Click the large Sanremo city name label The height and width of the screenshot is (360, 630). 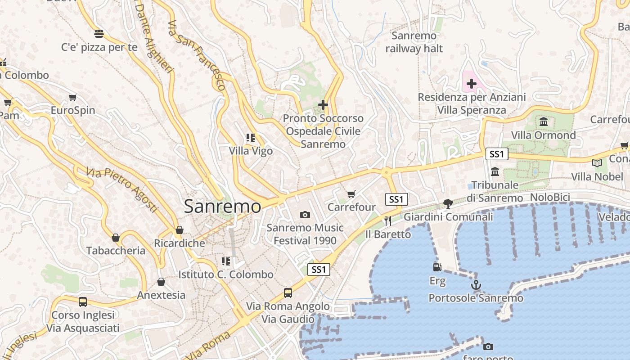(222, 207)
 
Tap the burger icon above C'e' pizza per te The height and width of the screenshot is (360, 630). (99, 34)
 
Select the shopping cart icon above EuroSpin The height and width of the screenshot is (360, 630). (73, 98)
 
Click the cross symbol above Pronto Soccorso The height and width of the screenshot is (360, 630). (323, 105)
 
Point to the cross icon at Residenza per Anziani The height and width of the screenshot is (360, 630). (471, 84)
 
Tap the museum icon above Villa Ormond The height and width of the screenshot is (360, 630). (543, 122)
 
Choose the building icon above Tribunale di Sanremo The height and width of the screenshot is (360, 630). (495, 171)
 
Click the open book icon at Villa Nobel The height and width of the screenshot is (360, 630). (597, 163)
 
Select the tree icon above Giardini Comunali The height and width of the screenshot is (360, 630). (448, 204)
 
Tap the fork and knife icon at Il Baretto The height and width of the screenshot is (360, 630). (388, 221)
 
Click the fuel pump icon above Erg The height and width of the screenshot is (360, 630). (437, 267)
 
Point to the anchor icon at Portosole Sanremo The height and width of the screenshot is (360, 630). (476, 285)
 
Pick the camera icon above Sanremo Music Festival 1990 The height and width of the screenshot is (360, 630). (305, 215)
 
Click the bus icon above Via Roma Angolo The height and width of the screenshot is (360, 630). (288, 293)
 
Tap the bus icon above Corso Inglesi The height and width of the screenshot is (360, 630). (83, 301)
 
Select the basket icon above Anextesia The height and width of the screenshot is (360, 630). (161, 282)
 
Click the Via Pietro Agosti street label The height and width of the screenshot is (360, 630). (122, 189)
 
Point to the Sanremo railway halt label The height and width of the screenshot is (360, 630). (414, 42)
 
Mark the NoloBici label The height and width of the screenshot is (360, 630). (550, 197)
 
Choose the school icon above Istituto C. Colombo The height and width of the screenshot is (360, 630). (226, 261)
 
